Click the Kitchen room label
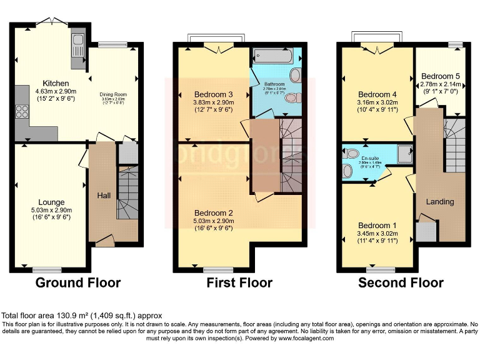coord(56,83)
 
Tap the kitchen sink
coord(77,44)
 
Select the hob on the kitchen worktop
coord(21,112)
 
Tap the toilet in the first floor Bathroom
coord(296,97)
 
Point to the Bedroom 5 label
coord(441,75)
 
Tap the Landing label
coord(439,202)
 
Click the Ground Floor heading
coord(77,283)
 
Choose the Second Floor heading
coord(401,283)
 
